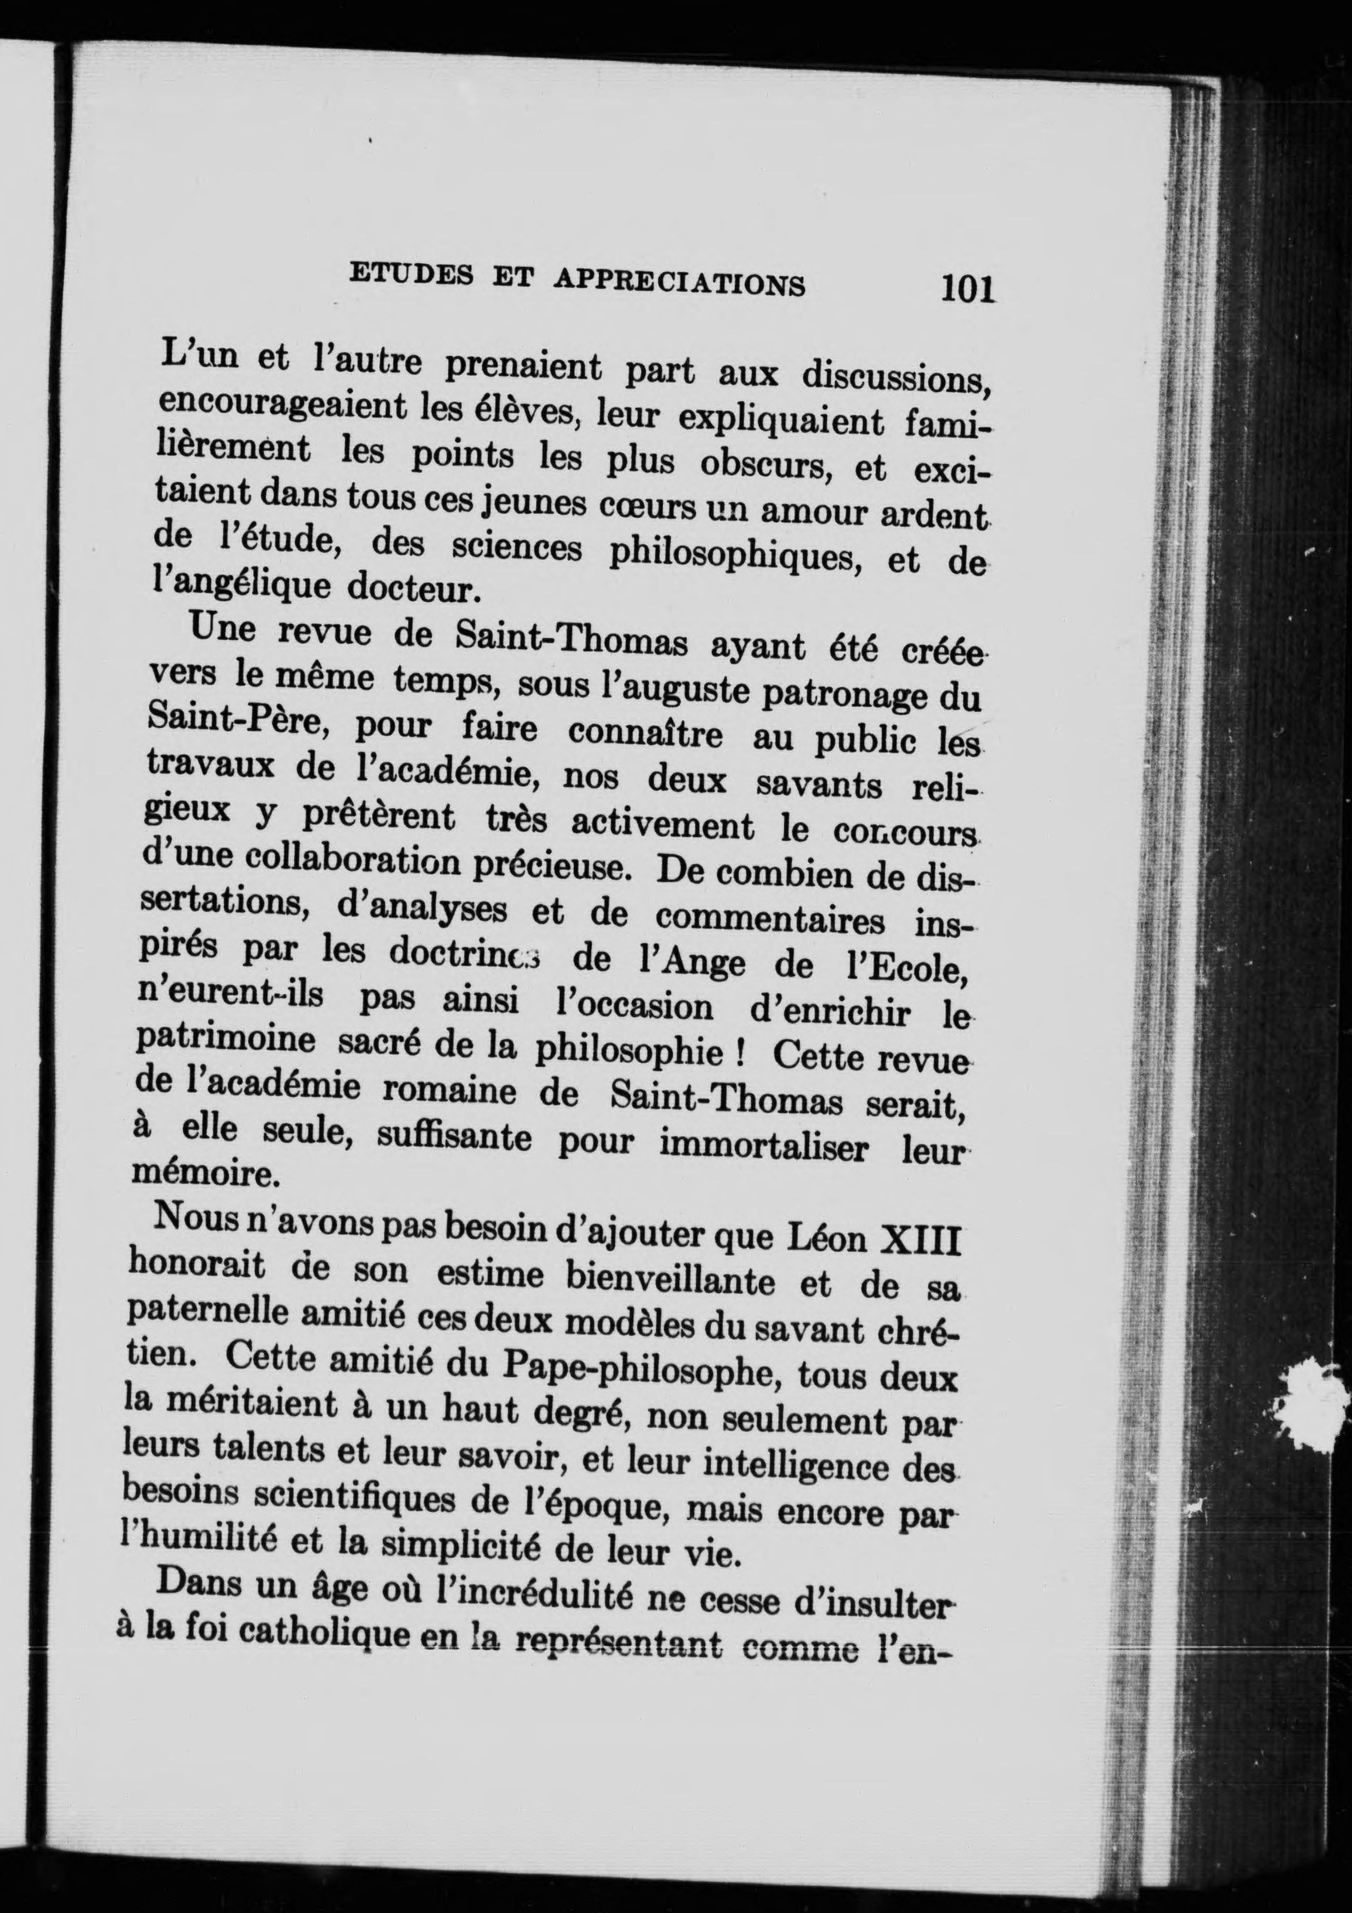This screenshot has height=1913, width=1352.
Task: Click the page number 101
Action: click(x=968, y=289)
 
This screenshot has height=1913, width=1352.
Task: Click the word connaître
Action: click(x=645, y=732)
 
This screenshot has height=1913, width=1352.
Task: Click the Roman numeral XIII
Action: click(x=921, y=1241)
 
